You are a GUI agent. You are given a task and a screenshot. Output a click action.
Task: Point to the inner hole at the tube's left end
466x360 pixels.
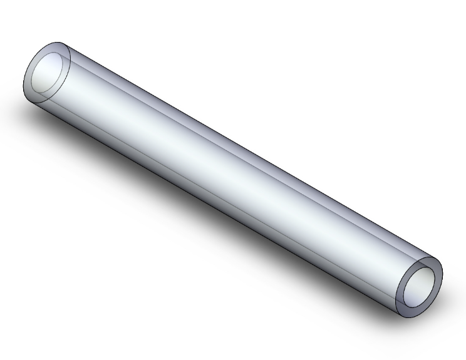click(x=49, y=74)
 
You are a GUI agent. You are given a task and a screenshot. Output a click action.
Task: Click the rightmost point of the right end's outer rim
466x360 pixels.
click(x=443, y=275)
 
